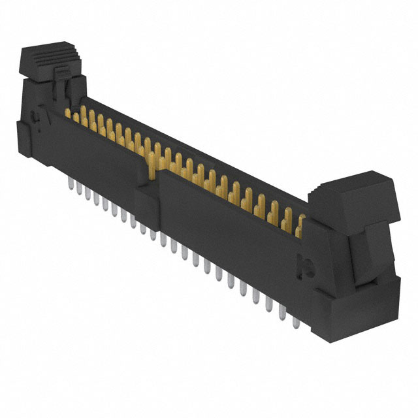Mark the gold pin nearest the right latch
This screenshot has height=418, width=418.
[x=301, y=225]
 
